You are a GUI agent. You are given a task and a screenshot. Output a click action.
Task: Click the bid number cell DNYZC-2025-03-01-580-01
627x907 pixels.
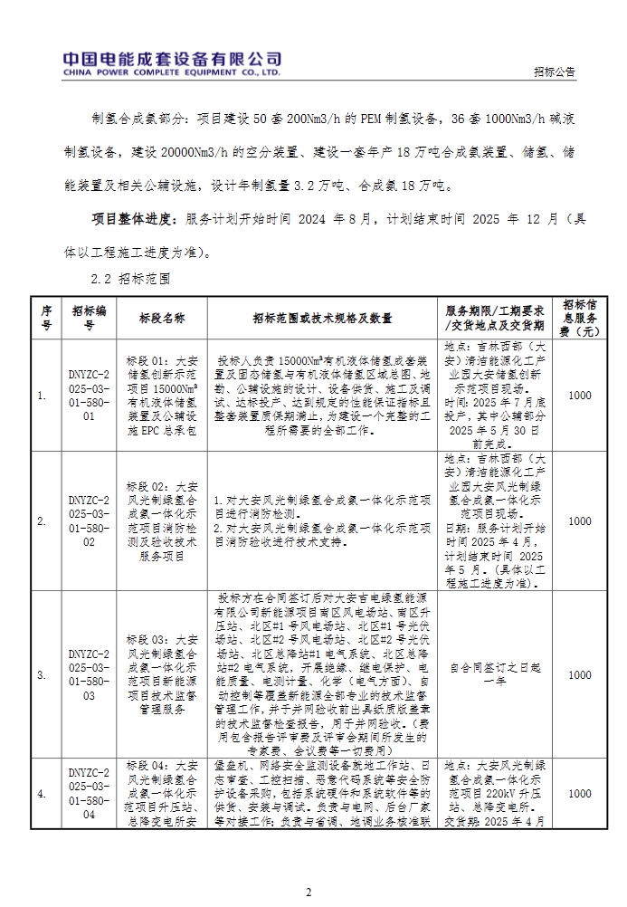tap(89, 395)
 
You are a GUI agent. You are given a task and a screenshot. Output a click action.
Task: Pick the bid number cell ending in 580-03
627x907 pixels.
tap(89, 674)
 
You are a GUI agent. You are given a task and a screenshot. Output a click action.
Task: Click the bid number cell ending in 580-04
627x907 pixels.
tap(89, 794)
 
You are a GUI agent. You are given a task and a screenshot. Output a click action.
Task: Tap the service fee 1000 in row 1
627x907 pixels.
tap(579, 395)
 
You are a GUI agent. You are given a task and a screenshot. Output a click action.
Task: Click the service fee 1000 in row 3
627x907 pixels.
tap(579, 674)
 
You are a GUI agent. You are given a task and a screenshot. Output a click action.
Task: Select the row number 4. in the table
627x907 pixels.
tap(43, 794)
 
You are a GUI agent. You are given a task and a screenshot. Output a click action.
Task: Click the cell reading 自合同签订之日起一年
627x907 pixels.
tap(496, 674)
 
